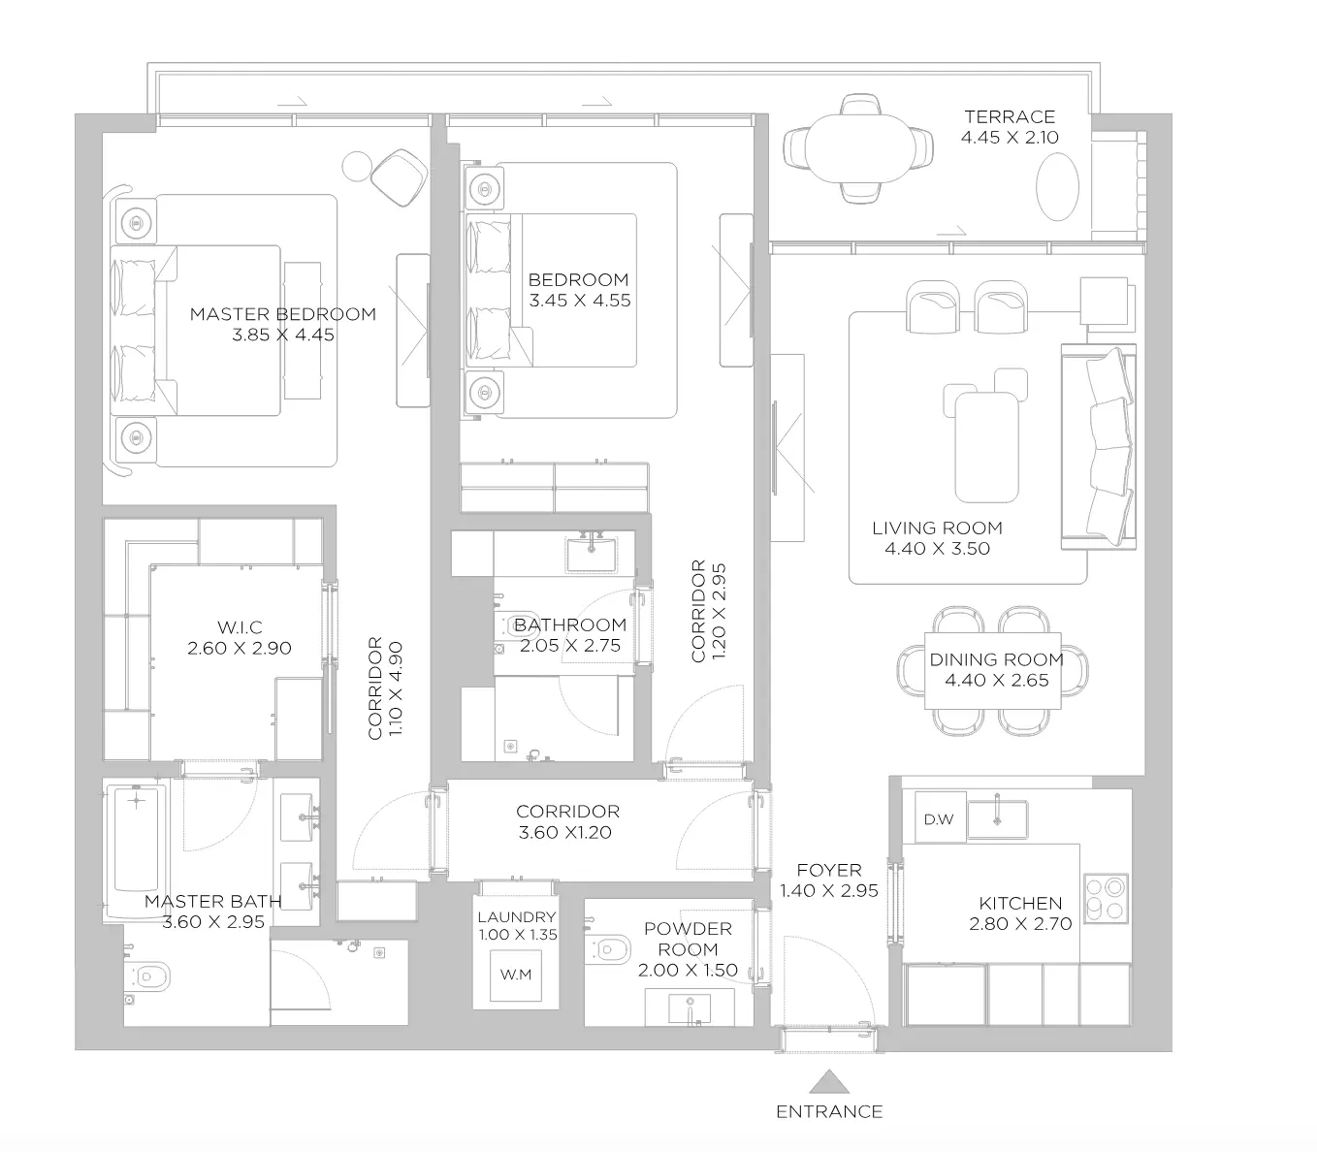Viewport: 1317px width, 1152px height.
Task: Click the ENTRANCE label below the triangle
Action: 829,1111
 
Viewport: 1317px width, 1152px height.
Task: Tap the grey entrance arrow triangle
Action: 829,1082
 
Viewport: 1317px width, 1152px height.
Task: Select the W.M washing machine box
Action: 516,975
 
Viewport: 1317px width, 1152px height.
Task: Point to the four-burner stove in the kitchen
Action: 1106,899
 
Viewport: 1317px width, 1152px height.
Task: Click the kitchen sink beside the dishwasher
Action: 997,818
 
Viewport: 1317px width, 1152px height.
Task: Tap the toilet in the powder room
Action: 606,948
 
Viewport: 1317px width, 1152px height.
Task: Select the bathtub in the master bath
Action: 136,849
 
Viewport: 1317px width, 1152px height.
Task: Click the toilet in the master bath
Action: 146,976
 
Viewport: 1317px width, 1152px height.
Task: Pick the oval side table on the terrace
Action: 1057,186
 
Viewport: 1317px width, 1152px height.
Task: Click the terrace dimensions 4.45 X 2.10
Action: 1010,137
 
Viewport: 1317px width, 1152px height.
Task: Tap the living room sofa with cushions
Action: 1099,447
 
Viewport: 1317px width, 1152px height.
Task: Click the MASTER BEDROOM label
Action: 282,314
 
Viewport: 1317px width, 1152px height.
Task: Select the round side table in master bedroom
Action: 357,167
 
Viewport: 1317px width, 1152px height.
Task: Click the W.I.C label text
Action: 240,626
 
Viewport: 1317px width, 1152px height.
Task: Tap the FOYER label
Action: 829,870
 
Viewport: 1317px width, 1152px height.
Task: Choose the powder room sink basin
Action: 690,1008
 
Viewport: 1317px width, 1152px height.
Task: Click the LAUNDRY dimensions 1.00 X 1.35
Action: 518,935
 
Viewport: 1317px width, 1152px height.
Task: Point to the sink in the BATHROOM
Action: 591,554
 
